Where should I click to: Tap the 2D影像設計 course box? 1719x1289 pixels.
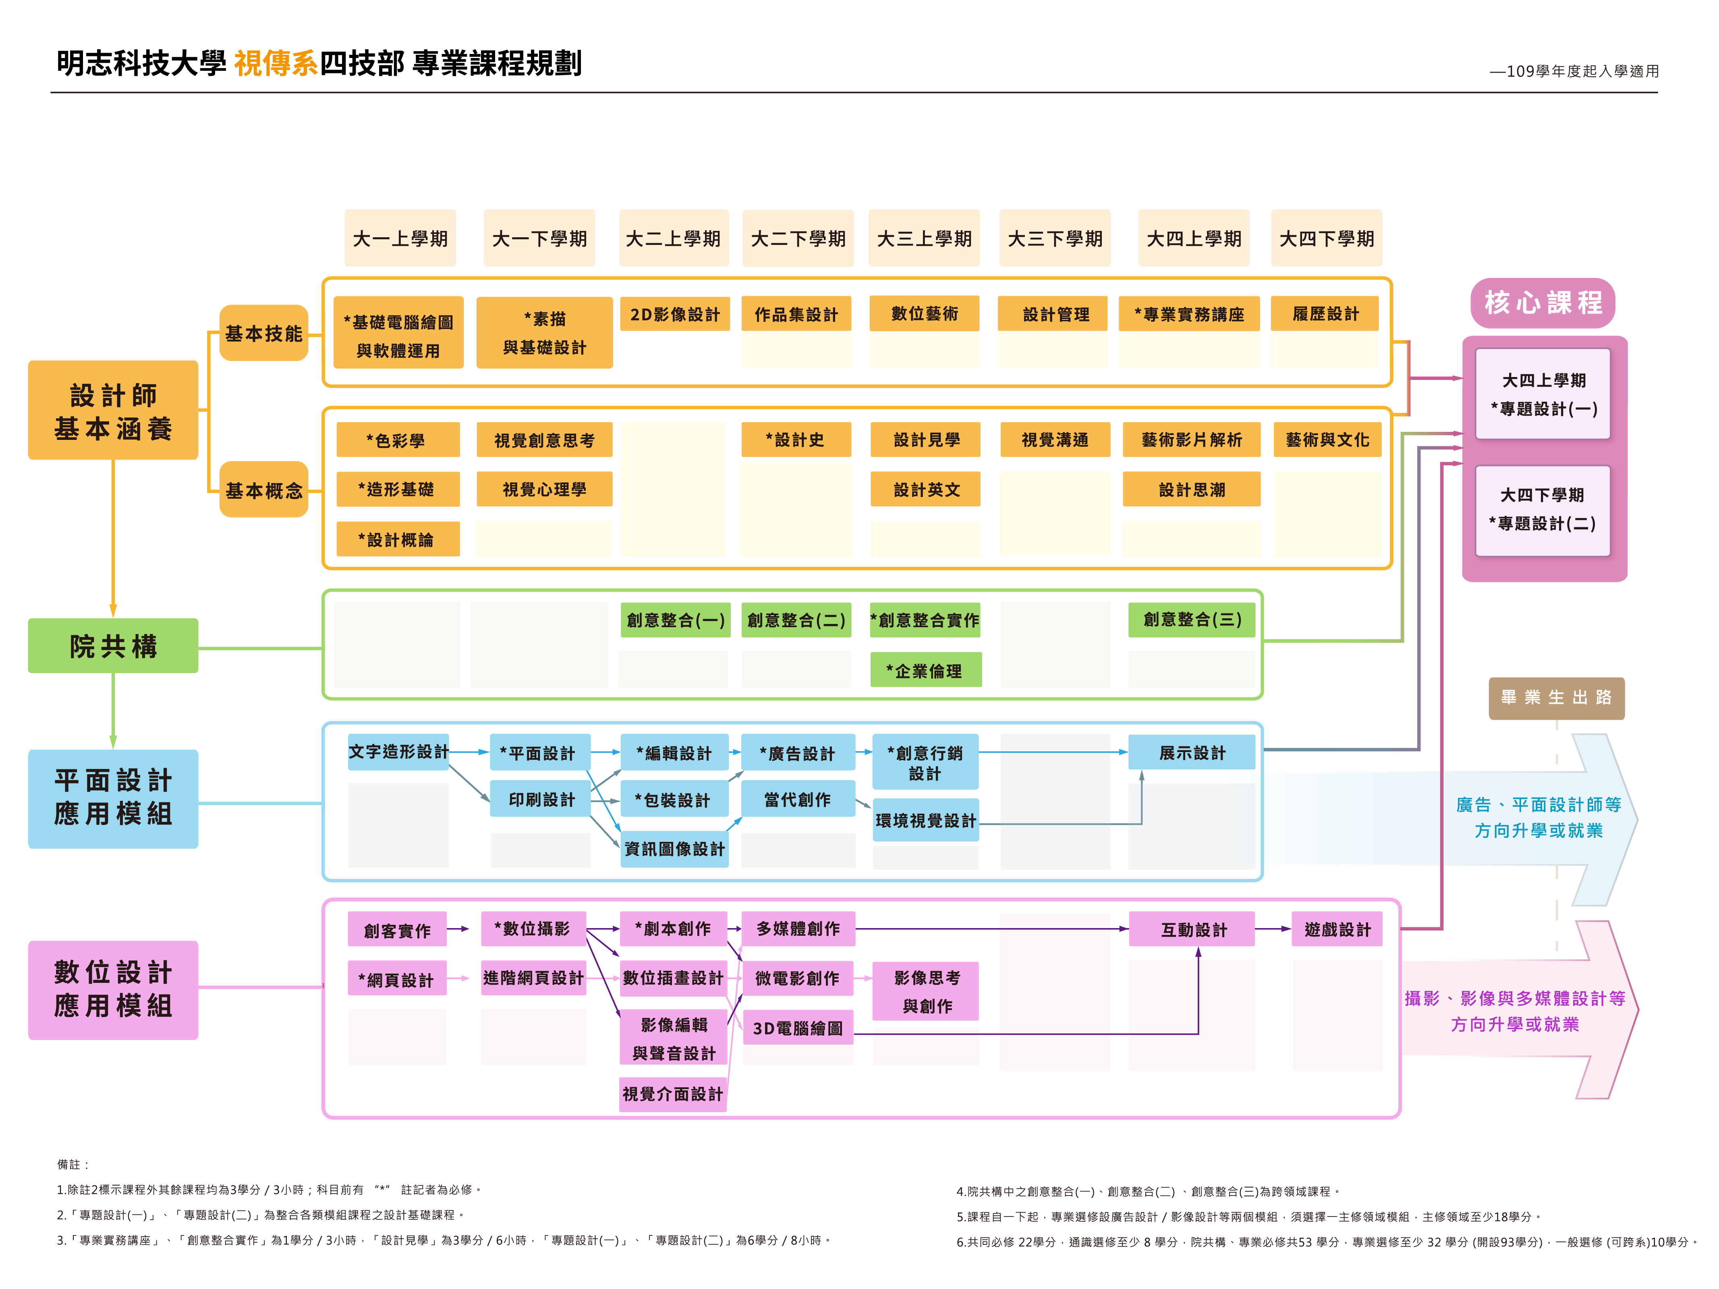(674, 314)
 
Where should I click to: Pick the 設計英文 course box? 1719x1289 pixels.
(925, 489)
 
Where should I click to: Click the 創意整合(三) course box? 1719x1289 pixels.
(1191, 619)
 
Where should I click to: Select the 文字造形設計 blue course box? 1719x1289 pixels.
(398, 751)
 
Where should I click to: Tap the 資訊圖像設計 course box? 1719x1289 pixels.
(674, 848)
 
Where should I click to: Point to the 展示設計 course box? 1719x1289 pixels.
(1191, 752)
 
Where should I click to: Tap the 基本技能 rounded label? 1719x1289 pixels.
(263, 333)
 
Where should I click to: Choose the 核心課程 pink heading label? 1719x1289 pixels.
(1543, 302)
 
